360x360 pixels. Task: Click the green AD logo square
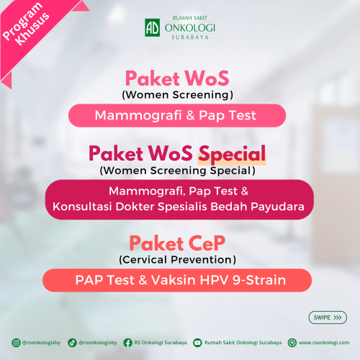[153, 27]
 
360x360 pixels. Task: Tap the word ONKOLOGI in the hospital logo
[190, 28]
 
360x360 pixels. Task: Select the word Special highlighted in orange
[232, 154]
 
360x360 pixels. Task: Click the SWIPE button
[328, 318]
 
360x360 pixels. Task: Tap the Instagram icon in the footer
[16, 343]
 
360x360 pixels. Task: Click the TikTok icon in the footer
[72, 343]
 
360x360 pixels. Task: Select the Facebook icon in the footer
[127, 343]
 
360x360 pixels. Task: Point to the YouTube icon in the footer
[197, 343]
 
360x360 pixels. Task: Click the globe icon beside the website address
[292, 343]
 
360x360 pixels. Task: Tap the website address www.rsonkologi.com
[324, 343]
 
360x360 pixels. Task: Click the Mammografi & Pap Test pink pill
[177, 115]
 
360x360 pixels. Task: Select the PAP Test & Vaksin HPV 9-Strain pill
[177, 280]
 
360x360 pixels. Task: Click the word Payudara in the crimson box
[277, 207]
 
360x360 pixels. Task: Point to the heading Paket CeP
[177, 243]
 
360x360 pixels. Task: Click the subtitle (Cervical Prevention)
[177, 260]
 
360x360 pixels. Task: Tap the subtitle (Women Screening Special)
[177, 171]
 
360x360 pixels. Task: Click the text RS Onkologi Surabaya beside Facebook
[161, 343]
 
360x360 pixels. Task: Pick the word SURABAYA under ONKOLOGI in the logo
[190, 37]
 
